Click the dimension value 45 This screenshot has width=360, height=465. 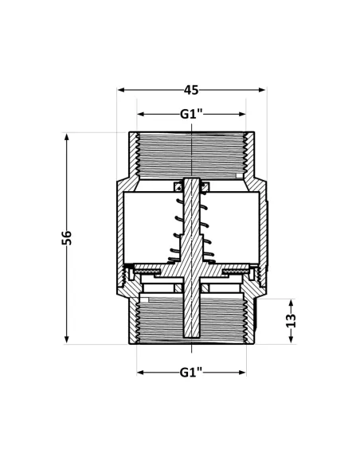pyautogui.click(x=191, y=90)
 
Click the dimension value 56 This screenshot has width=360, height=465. pyautogui.click(x=66, y=237)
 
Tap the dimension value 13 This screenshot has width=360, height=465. pyautogui.click(x=291, y=320)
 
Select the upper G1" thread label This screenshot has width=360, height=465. pyautogui.click(x=191, y=114)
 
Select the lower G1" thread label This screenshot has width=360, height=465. pyautogui.click(x=191, y=372)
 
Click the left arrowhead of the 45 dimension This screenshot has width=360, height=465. pyautogui.click(x=121, y=90)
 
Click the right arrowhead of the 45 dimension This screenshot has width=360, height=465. pyautogui.click(x=261, y=90)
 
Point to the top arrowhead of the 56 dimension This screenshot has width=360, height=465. pyautogui.click(x=67, y=137)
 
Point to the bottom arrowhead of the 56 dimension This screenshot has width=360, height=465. pyautogui.click(x=67, y=339)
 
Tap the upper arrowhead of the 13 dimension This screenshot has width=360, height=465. pyautogui.click(x=291, y=303)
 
